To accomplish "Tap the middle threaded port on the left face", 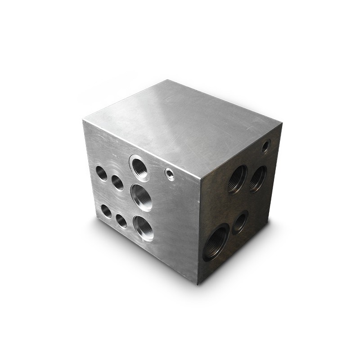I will point(141,197).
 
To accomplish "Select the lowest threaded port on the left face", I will point(143,228).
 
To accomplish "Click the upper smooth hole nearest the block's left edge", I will point(102,173).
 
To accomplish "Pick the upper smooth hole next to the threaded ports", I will point(117,182).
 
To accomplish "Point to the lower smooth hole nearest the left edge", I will point(106,211).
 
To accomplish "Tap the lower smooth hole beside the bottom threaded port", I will point(121,220).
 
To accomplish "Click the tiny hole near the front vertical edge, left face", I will point(170,174).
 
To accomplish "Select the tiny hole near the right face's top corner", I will point(265,146).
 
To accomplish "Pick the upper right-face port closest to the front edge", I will point(237,179).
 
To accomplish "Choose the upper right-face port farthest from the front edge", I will point(258,178).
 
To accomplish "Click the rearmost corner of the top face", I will point(167,80).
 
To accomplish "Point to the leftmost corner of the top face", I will point(83,120).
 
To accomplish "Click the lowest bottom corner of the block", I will point(198,284).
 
